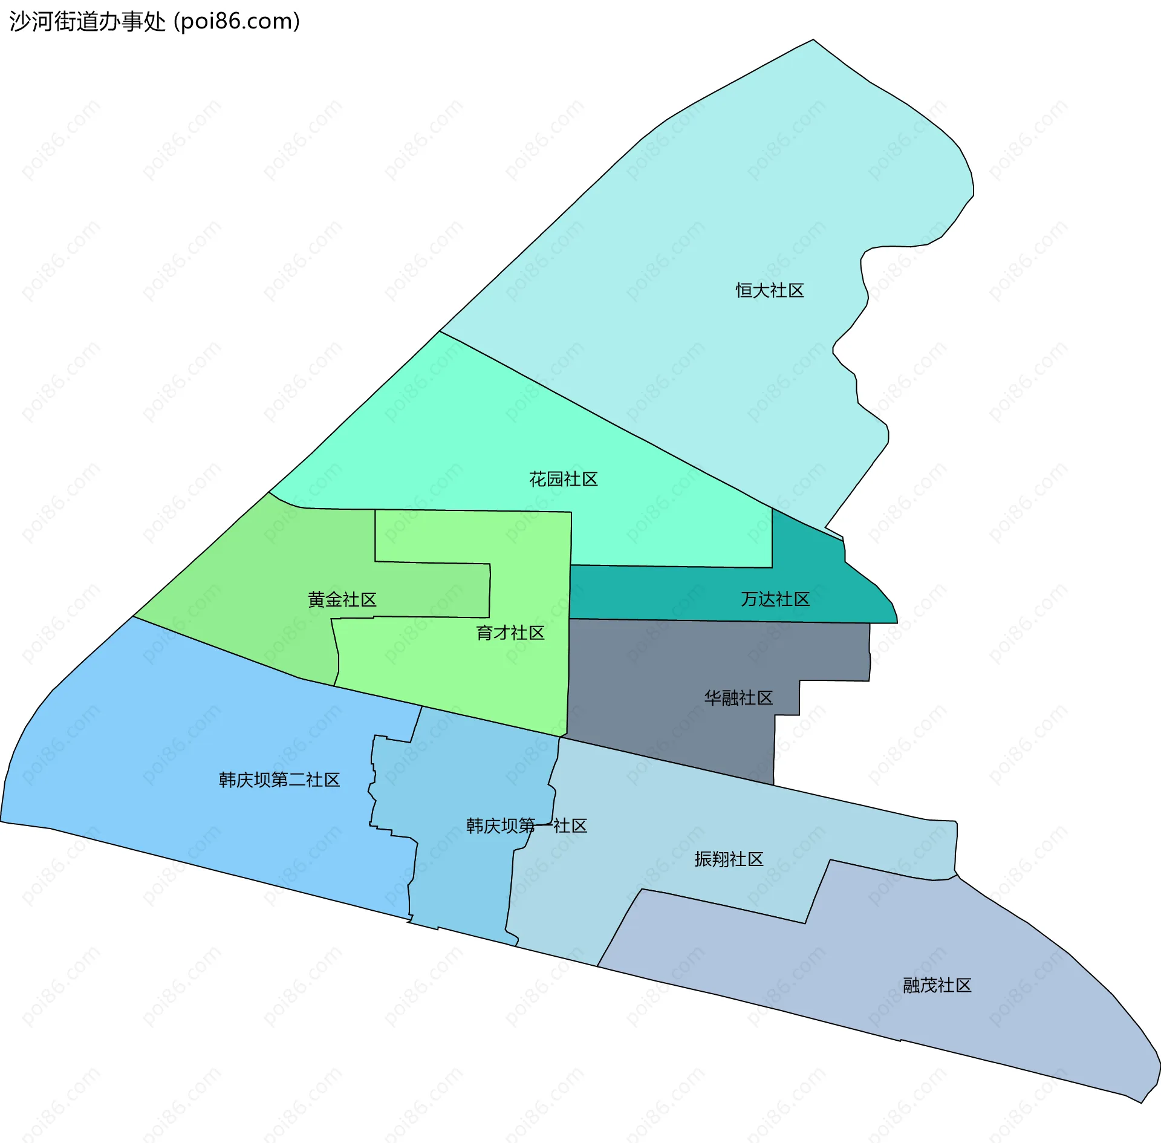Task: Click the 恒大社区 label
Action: coord(769,291)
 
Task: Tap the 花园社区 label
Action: coord(563,480)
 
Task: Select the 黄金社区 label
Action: coord(342,599)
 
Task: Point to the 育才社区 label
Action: coord(510,633)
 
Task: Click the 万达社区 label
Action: coord(775,599)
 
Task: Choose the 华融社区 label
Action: coord(738,698)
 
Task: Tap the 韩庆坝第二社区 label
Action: coord(279,780)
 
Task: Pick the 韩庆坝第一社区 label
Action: coord(526,825)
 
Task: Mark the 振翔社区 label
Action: coord(729,859)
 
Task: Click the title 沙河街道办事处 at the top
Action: coord(87,22)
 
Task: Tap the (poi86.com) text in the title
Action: coord(237,22)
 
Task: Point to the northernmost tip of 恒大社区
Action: coord(813,41)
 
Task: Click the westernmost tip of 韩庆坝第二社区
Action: coord(2,821)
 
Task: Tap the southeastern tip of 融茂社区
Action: coord(1141,1102)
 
